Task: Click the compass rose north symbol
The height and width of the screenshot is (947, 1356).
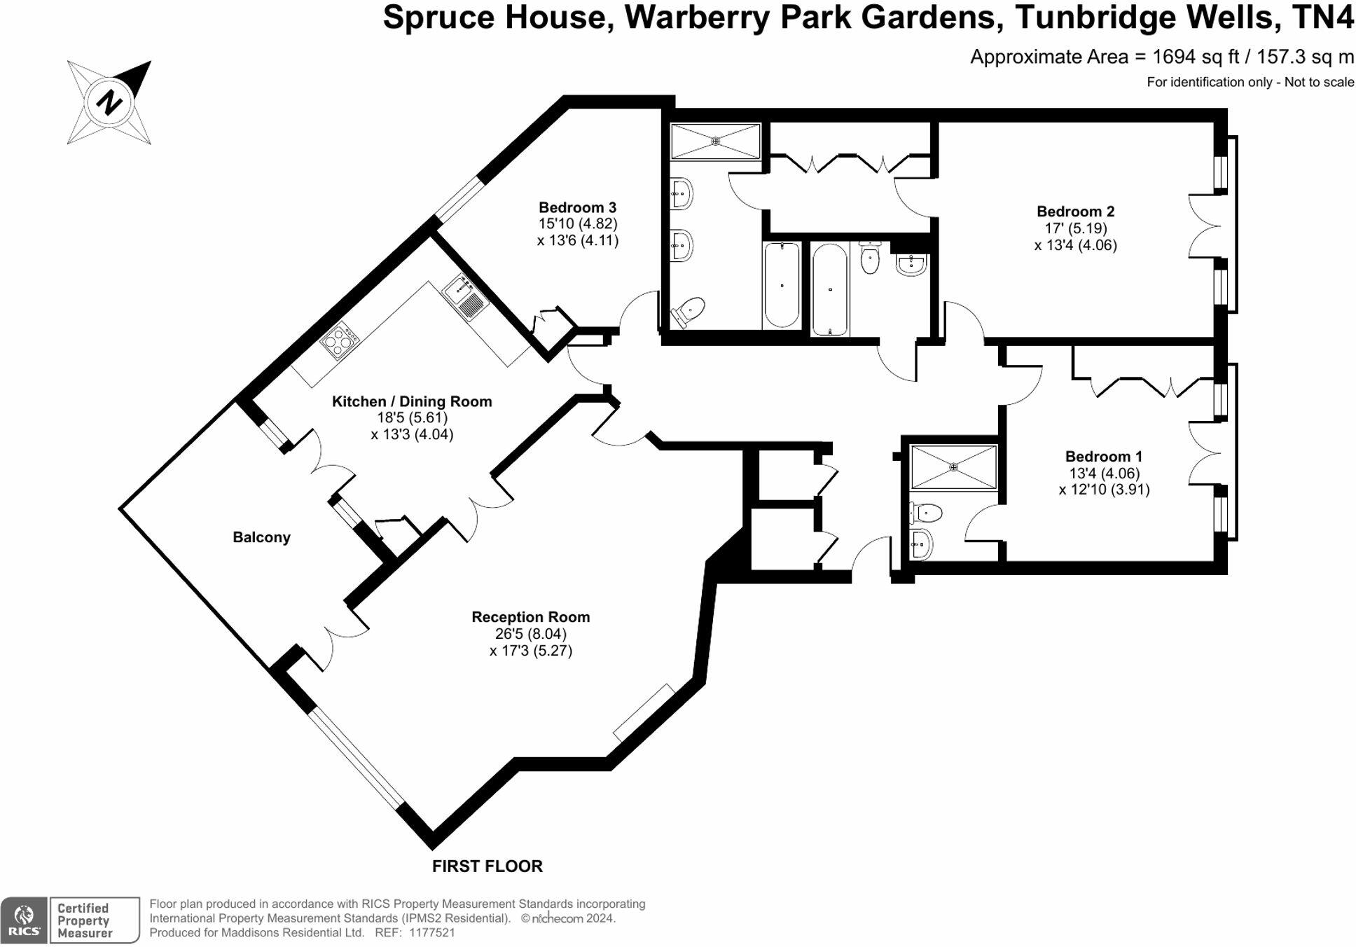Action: pos(109,102)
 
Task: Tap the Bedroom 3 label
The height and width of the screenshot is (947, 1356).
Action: pos(577,207)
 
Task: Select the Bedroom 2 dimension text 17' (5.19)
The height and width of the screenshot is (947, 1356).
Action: pos(1075,228)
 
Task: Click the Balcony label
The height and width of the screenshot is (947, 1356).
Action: pos(261,537)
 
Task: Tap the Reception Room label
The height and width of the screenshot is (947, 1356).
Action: pos(530,617)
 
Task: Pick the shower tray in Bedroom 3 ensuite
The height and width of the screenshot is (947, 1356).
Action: pos(715,141)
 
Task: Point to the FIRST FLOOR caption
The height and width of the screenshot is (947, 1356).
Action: pos(487,866)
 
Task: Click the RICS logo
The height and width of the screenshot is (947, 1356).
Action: pos(25,920)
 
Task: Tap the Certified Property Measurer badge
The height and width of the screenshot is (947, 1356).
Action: pos(95,920)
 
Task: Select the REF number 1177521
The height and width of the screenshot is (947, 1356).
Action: pos(431,933)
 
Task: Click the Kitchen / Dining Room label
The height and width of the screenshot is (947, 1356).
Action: pos(411,401)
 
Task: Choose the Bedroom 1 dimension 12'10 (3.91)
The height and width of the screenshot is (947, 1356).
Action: pos(1104,490)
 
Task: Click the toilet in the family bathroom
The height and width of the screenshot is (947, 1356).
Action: pos(870,259)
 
